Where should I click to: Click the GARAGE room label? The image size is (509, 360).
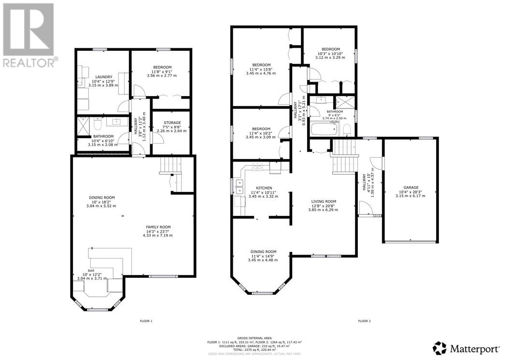(x=411, y=187)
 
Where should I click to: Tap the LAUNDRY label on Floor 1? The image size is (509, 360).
(x=104, y=77)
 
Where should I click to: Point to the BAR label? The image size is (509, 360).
(x=91, y=271)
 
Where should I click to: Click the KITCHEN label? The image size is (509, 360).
(x=264, y=188)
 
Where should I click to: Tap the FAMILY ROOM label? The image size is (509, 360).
(x=158, y=227)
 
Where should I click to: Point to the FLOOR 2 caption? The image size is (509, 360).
(x=364, y=321)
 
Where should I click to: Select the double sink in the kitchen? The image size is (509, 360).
(x=239, y=183)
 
